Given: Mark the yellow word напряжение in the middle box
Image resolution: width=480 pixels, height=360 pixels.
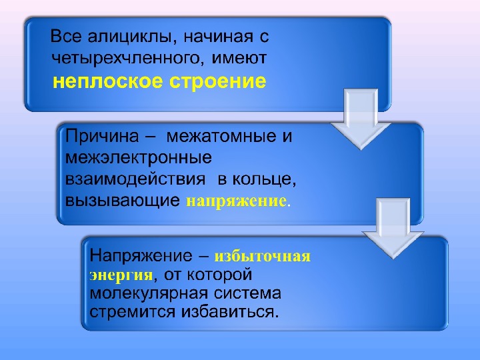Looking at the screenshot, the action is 236,200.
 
